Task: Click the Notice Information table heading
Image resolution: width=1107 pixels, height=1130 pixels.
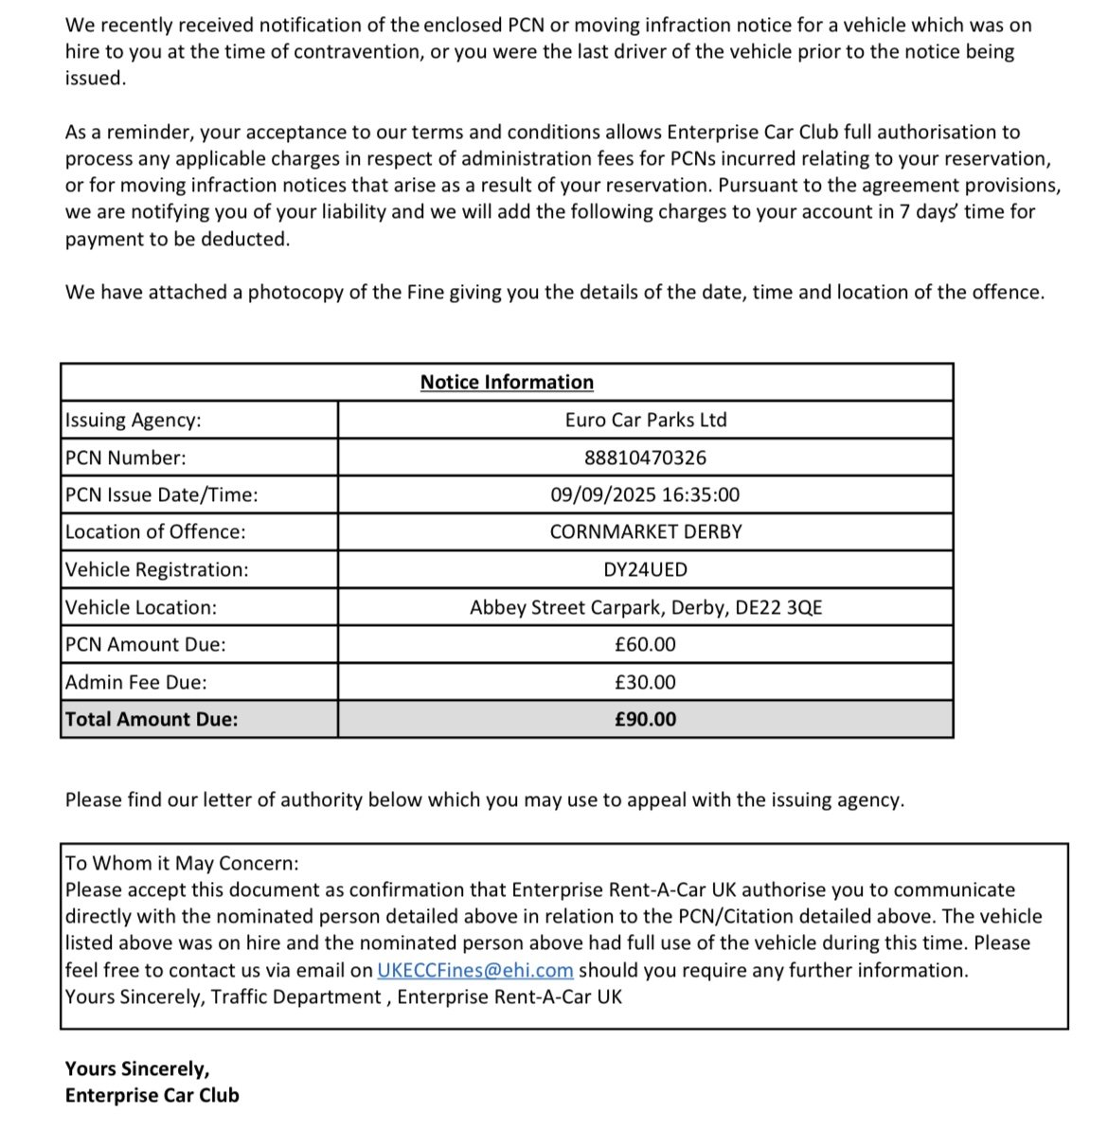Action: (507, 382)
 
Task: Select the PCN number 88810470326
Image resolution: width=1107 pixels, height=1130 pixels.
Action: (645, 457)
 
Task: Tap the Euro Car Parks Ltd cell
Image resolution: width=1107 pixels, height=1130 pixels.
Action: (646, 420)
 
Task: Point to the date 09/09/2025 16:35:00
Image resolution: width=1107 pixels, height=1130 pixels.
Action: (645, 494)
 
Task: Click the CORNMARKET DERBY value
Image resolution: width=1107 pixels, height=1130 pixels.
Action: (646, 531)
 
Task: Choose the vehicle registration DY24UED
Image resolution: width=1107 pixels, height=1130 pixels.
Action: (645, 569)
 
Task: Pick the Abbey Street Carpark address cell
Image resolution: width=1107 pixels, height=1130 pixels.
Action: (646, 607)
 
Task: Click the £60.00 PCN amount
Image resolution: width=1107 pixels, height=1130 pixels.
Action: (645, 644)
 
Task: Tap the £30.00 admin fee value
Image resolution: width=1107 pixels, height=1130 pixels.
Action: (645, 682)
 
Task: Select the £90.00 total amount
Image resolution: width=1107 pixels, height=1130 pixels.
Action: (645, 719)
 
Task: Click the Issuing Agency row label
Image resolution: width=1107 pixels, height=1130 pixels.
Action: (134, 420)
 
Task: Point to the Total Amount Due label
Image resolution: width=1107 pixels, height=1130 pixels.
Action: (152, 719)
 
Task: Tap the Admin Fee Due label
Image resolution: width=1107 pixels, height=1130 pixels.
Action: (136, 682)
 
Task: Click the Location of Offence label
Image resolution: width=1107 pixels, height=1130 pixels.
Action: (155, 531)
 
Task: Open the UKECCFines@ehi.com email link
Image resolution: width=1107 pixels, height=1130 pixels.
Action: (475, 970)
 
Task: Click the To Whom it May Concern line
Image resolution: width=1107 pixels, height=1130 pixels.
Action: (182, 863)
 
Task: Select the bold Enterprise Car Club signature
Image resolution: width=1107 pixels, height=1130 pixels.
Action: (152, 1095)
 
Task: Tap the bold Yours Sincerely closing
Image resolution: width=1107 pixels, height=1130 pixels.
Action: (137, 1068)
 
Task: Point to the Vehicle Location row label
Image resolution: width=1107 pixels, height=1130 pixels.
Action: (141, 607)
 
